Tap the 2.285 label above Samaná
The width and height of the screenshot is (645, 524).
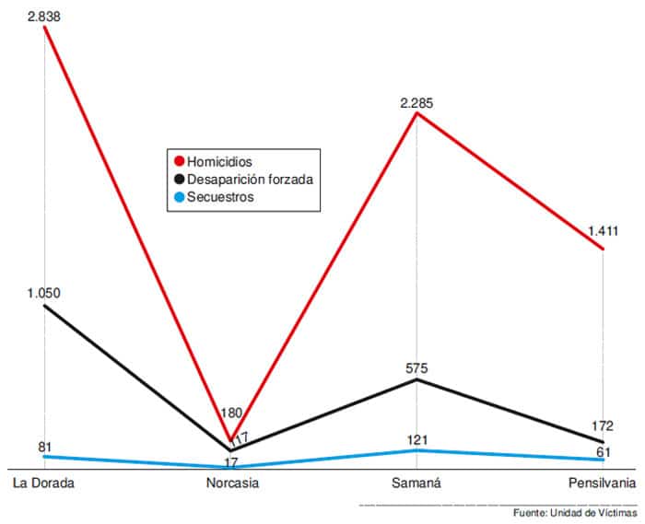click(416, 103)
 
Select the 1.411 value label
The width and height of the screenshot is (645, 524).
click(604, 231)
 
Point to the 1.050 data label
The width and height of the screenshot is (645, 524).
click(43, 294)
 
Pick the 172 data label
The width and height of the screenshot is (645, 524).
click(604, 427)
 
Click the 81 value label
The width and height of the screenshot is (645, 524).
click(44, 448)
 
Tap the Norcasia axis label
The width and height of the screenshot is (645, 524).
click(231, 483)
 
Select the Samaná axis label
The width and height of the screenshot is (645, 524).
click(416, 483)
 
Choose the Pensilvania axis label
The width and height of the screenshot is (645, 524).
click(602, 483)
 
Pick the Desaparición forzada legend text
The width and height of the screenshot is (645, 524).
click(251, 180)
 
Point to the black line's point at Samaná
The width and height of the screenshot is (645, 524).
click(417, 379)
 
